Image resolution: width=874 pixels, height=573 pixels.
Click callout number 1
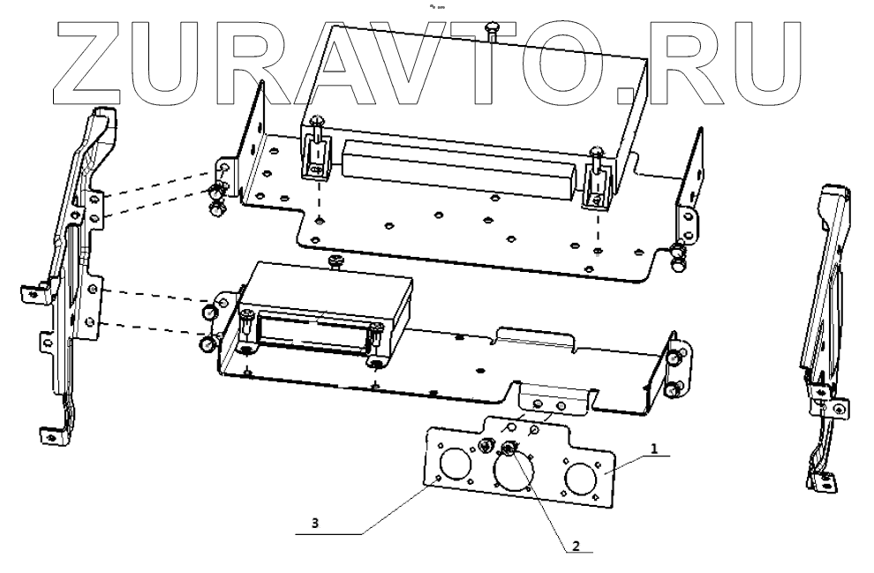click(653, 449)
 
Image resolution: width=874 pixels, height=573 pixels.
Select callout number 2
click(574, 546)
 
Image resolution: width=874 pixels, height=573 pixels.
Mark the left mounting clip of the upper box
click(316, 155)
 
